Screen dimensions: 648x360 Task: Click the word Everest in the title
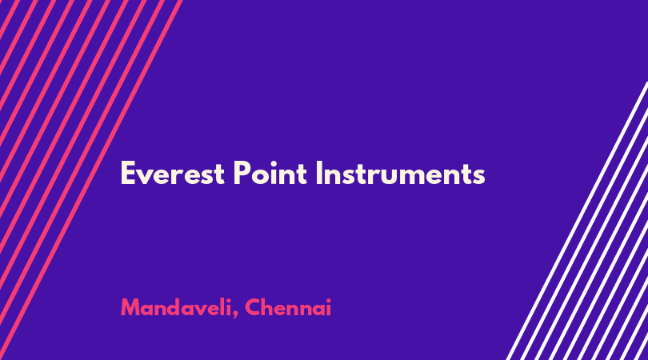pos(172,173)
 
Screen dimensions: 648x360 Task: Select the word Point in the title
pos(270,173)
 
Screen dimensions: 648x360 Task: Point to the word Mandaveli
pos(176,307)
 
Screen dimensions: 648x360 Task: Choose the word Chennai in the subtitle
pos(288,307)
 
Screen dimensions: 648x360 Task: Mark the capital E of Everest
pos(128,173)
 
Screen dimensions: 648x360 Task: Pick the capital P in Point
pos(242,173)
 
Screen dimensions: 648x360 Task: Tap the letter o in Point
pos(260,176)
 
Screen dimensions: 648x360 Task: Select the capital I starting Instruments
pos(318,173)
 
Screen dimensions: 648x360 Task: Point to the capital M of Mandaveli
pos(131,307)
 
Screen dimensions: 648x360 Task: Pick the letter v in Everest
pos(146,177)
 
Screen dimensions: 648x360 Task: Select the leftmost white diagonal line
pos(577,221)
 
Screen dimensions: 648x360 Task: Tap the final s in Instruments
pos(479,177)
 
